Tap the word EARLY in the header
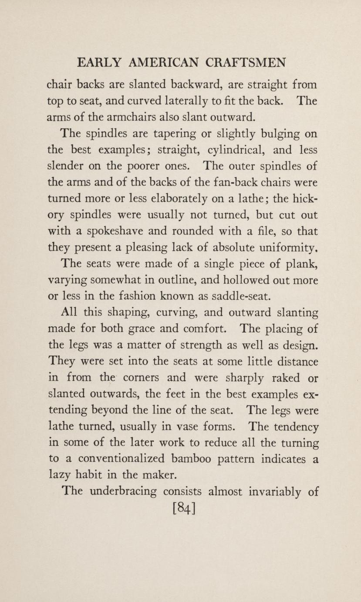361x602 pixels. click(99, 63)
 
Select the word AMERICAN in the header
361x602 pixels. click(165, 63)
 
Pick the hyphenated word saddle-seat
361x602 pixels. click(240, 297)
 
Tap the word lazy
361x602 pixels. click(57, 475)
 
